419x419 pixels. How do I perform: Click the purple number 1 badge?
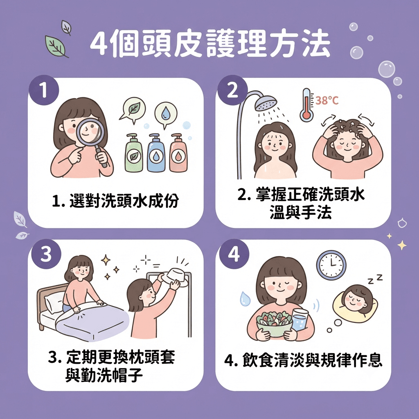click(44, 90)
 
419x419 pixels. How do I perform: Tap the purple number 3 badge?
click(46, 254)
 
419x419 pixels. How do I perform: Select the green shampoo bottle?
click(134, 153)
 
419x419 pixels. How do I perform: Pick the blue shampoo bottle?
click(156, 153)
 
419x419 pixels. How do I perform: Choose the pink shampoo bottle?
click(178, 153)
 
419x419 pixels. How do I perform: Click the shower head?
click(265, 103)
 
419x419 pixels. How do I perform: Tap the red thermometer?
click(306, 105)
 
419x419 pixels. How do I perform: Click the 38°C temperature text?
click(327, 101)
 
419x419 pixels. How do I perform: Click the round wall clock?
click(331, 265)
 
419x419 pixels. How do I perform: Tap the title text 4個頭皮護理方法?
click(210, 43)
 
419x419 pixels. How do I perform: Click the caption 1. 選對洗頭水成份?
click(115, 200)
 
